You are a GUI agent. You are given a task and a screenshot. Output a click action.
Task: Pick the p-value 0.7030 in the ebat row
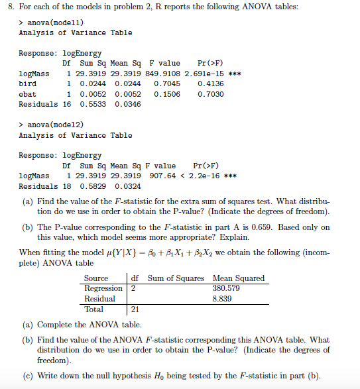click(x=211, y=94)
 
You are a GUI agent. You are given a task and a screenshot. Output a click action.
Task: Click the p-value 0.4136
click(x=211, y=83)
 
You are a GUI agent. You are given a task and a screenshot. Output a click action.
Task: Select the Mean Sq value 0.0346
click(x=128, y=104)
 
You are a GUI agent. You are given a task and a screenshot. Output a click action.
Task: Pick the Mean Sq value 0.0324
click(x=128, y=186)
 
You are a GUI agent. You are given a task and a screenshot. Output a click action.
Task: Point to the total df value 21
click(x=134, y=309)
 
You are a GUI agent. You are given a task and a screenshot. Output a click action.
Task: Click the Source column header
click(x=96, y=278)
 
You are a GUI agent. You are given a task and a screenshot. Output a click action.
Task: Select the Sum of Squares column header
click(x=176, y=278)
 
